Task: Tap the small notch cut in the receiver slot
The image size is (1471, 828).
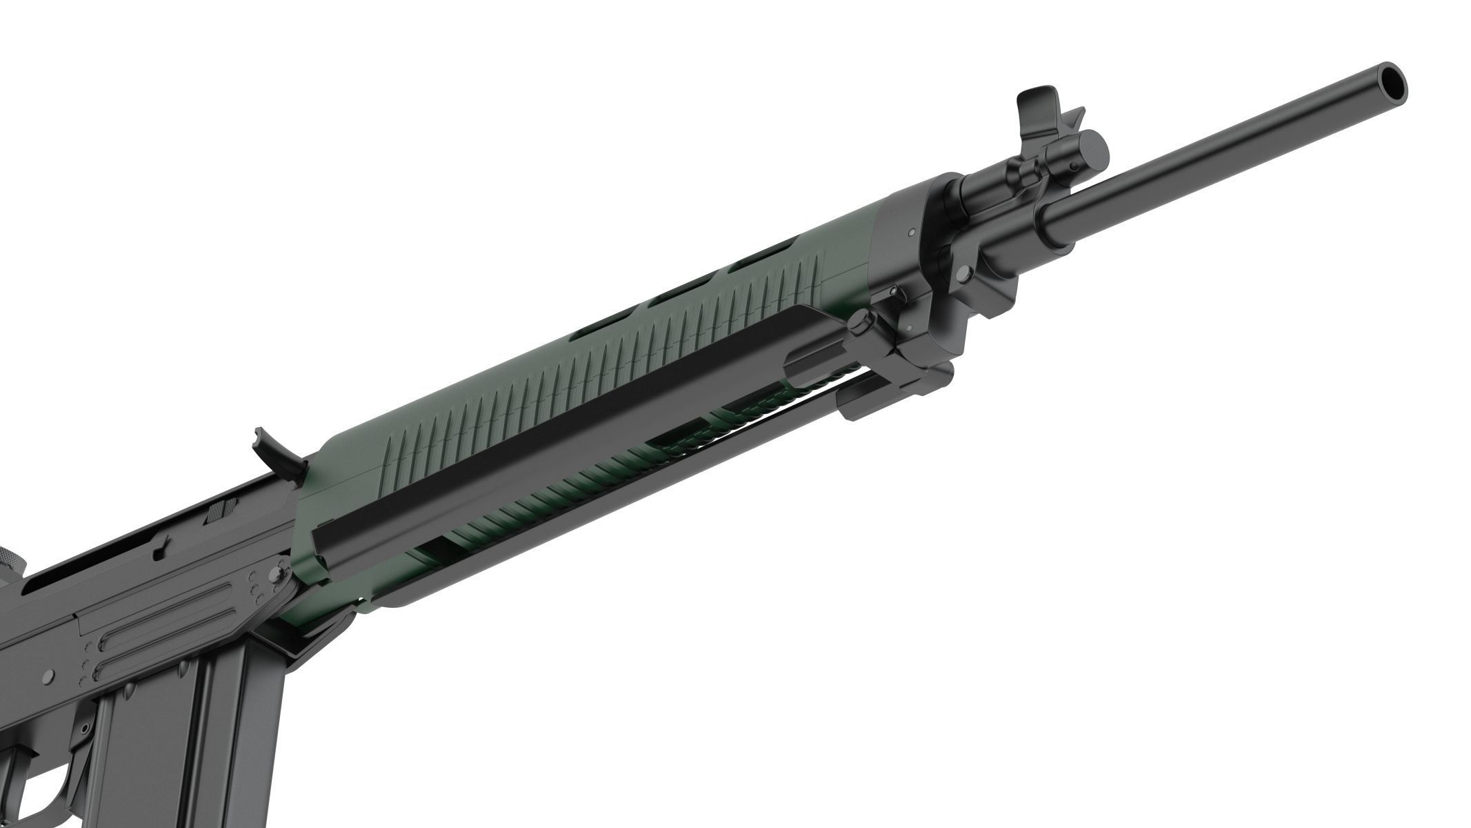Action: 161,551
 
